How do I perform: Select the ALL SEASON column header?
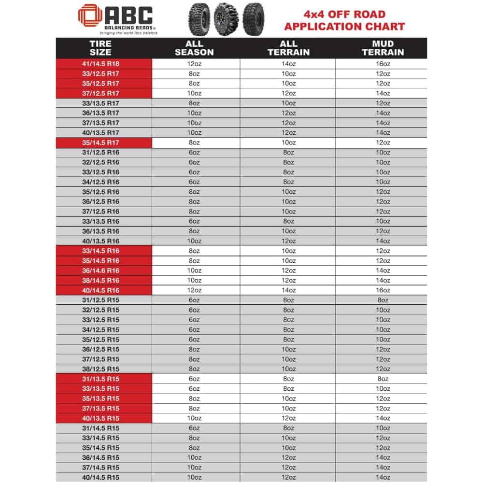[194, 47]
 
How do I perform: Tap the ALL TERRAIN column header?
[288, 47]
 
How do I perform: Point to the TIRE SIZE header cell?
[100, 47]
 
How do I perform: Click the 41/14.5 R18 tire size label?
[100, 64]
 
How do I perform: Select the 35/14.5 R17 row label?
[100, 142]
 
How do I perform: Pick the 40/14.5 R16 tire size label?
[100, 290]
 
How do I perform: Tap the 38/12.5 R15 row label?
[100, 369]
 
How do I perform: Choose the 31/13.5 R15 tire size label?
[100, 379]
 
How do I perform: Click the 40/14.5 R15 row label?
[100, 477]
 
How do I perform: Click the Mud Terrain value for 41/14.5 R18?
[383, 64]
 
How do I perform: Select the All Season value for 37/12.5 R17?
[194, 93]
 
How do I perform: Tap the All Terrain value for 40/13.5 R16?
[288, 241]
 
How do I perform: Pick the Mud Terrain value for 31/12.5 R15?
[383, 300]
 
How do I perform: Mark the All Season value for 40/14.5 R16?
[194, 290]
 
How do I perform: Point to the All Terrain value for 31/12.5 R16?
[288, 152]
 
